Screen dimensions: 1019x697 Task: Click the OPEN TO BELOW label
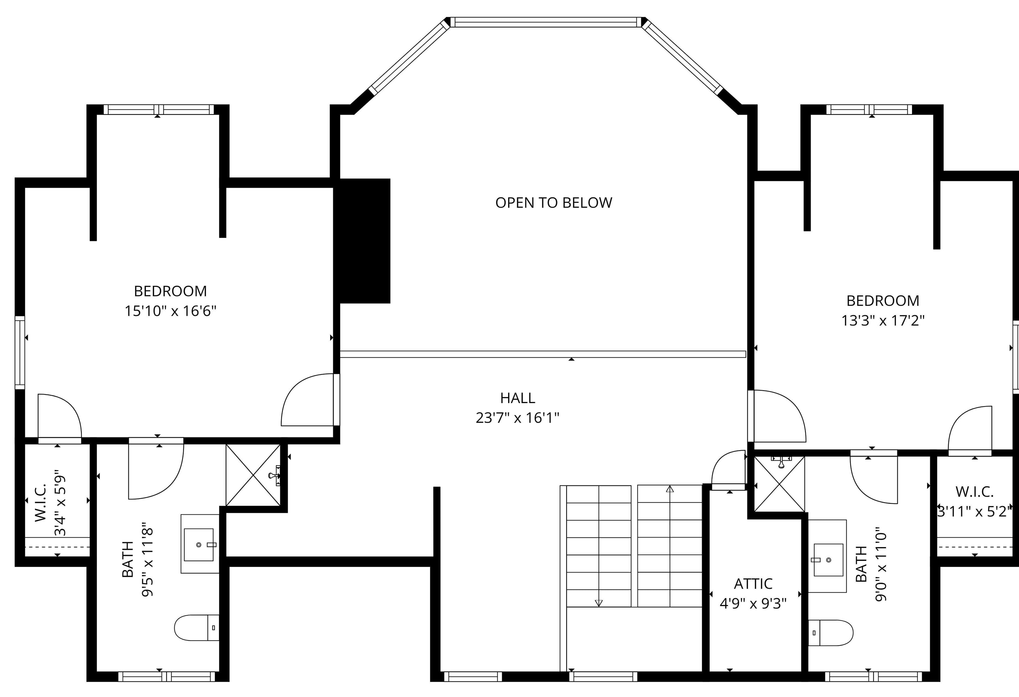[553, 203]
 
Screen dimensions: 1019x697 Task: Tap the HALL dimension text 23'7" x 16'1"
[517, 418]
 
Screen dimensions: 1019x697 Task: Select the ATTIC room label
[753, 584]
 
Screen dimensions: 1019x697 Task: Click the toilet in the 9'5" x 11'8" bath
[196, 628]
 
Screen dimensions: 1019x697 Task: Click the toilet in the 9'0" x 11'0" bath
[830, 633]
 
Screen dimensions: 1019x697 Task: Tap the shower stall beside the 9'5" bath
[253, 475]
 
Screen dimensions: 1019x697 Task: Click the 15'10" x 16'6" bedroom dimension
[170, 311]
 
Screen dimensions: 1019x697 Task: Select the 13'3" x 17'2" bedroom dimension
[883, 321]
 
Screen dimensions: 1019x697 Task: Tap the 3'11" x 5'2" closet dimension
[974, 512]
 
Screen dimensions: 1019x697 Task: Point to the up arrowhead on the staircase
[670, 489]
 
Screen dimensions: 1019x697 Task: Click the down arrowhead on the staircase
[599, 603]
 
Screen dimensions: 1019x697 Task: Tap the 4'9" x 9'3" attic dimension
[753, 604]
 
